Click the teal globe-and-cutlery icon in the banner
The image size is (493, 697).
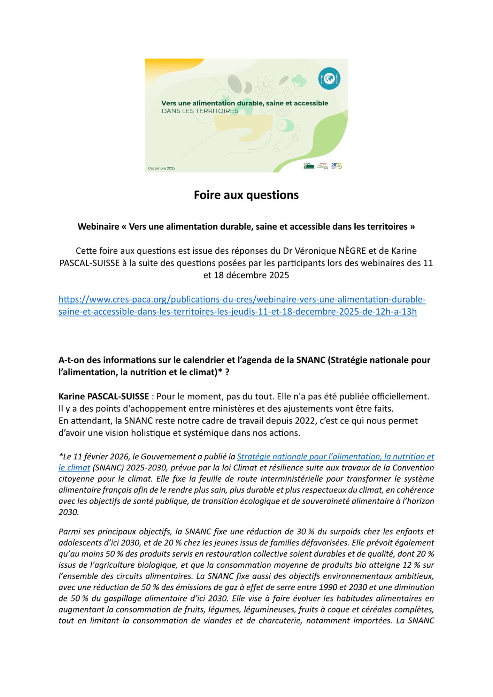(x=329, y=79)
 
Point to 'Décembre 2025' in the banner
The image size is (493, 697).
(x=161, y=168)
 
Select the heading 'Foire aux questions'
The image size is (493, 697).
(x=246, y=195)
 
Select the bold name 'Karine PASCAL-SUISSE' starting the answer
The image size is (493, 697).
(x=103, y=397)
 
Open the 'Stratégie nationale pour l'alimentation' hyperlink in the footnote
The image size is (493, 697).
(x=335, y=457)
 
